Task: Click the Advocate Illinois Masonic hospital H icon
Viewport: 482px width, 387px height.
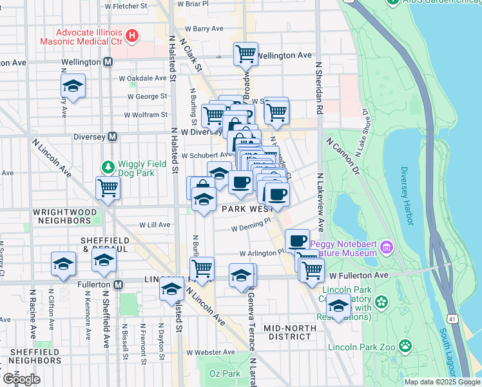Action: click(x=132, y=35)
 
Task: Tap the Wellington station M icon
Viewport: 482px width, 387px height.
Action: click(x=108, y=63)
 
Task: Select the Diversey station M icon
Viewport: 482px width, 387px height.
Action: click(x=113, y=136)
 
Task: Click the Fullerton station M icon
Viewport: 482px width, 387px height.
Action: click(x=119, y=284)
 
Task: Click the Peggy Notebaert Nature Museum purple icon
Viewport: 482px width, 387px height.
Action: click(x=386, y=246)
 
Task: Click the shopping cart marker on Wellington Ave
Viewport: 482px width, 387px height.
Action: click(x=246, y=54)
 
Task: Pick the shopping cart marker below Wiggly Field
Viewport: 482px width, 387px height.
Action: click(x=108, y=188)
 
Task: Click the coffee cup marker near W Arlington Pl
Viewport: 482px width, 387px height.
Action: click(x=297, y=241)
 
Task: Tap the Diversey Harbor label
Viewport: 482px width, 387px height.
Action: click(x=405, y=196)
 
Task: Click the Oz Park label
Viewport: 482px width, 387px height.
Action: click(x=224, y=373)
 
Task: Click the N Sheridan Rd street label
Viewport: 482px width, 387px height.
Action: click(x=318, y=90)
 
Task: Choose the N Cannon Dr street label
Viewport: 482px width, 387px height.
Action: click(x=341, y=157)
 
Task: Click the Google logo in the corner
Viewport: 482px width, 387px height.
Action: click(x=21, y=379)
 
